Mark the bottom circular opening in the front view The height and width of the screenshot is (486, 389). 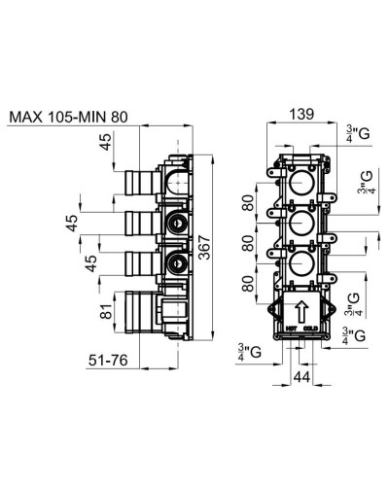click(x=301, y=266)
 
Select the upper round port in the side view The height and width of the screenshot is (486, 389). click(x=176, y=224)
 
